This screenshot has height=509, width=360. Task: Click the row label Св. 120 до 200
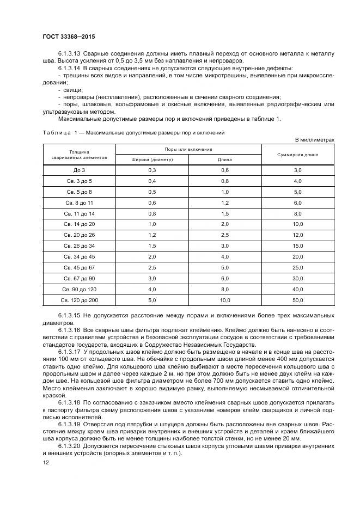point(79,300)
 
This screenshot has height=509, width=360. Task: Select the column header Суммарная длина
point(298,154)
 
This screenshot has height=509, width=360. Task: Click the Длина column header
point(225,160)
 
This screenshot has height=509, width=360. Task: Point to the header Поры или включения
point(188,149)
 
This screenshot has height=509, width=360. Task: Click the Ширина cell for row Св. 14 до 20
point(152,224)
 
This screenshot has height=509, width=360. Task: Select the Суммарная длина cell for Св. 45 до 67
point(298,267)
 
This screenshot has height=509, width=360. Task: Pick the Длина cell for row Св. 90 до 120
point(225,289)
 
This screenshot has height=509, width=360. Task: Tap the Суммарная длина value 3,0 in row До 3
point(298,170)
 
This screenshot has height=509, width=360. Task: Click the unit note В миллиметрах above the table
point(314,139)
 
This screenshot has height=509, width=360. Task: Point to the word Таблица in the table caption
point(56,132)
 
